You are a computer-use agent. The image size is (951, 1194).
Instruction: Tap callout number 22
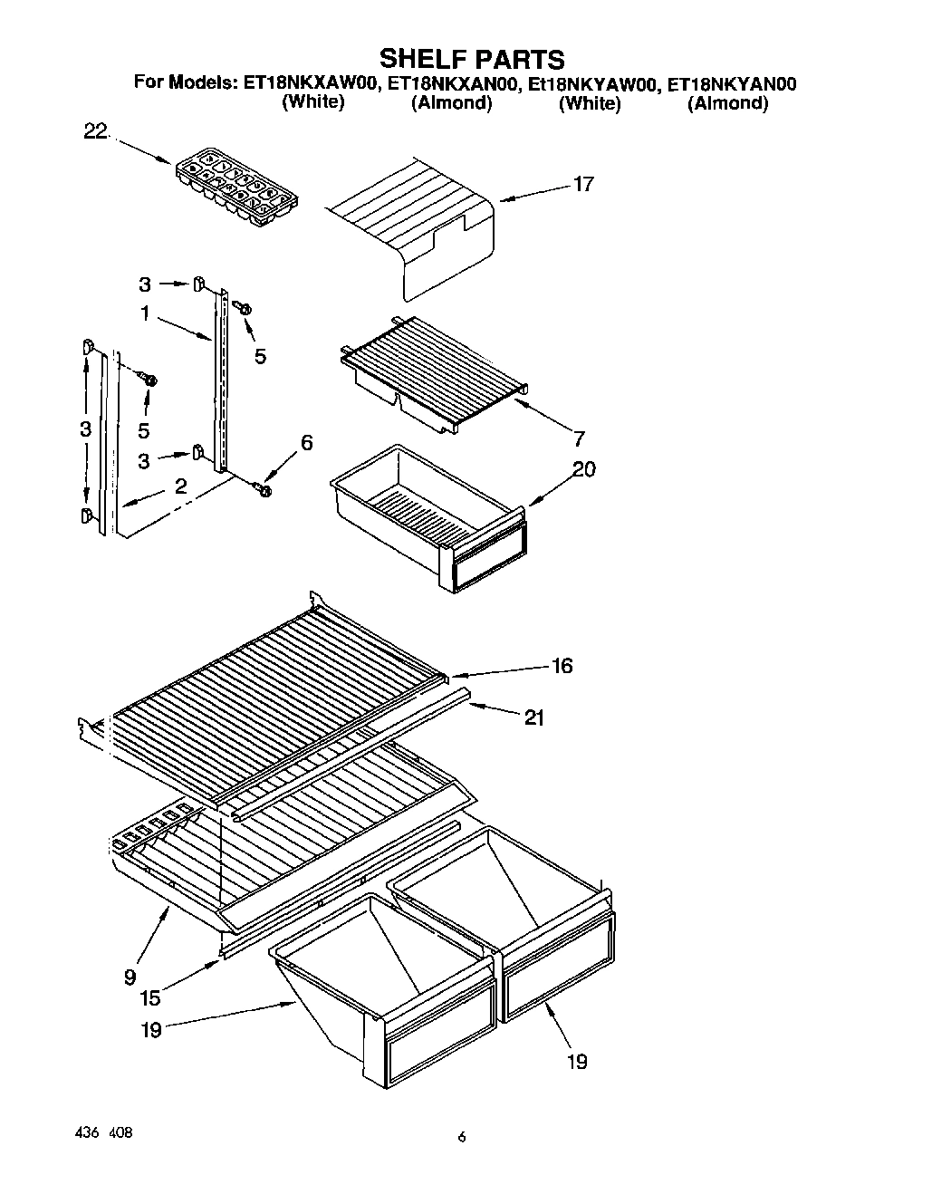[95, 132]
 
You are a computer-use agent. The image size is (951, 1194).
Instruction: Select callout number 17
[583, 185]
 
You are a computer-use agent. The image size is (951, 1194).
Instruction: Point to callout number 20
[584, 469]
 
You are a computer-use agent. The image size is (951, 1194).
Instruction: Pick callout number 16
[562, 666]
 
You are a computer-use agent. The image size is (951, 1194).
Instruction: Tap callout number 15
[150, 998]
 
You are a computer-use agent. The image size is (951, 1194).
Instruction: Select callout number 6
[306, 443]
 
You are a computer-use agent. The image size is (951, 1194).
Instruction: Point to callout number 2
[181, 486]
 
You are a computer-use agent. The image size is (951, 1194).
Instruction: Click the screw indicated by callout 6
[264, 489]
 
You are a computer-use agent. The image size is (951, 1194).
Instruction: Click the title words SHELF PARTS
[471, 59]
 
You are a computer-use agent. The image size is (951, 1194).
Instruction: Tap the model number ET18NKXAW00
[312, 84]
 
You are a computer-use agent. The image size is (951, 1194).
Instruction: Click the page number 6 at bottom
[462, 1138]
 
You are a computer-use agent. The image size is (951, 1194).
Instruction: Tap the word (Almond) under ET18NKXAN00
[452, 103]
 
